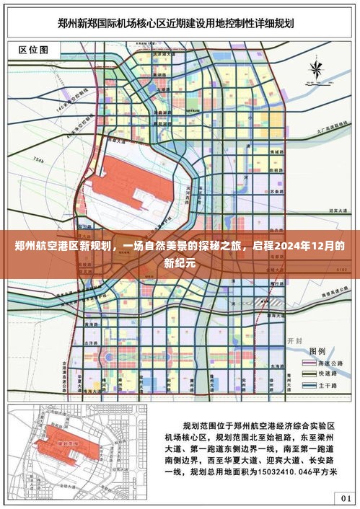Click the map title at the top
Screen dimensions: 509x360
pos(180,24)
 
